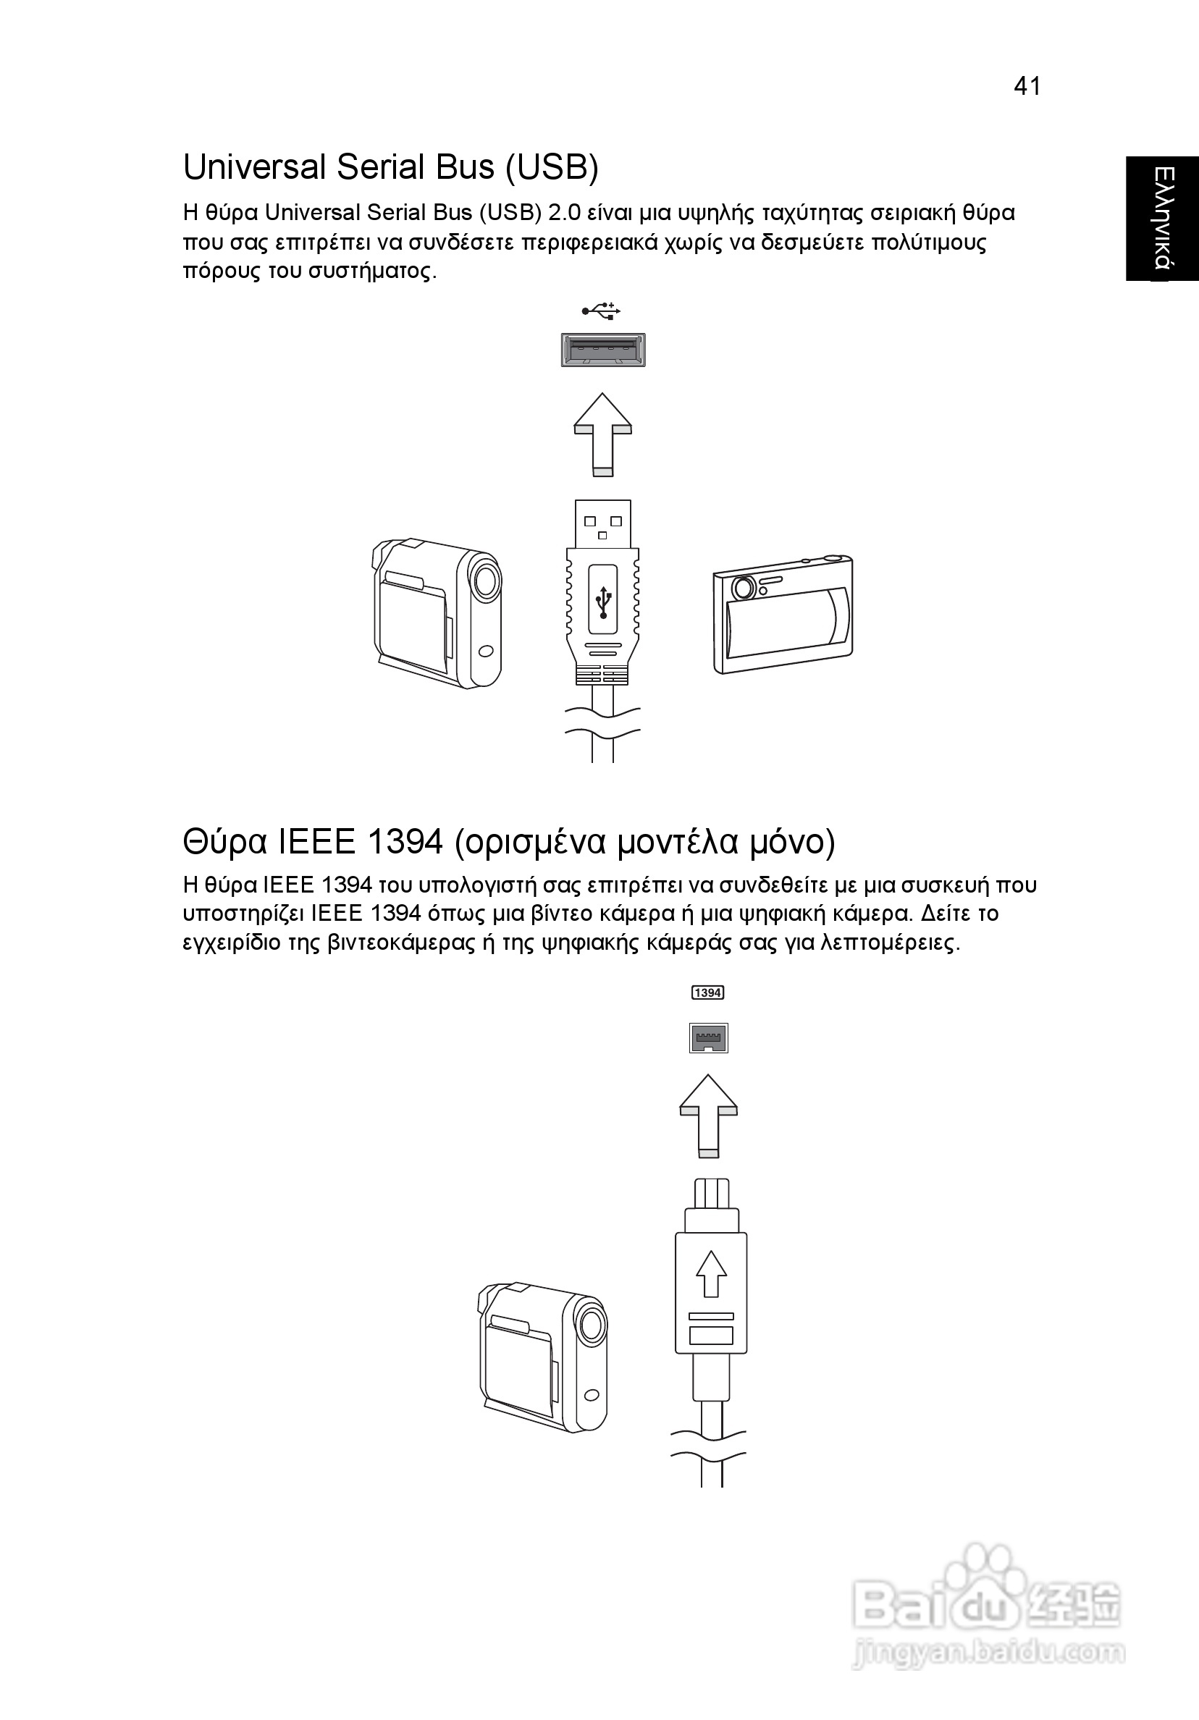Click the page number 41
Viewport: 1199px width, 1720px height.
1027,87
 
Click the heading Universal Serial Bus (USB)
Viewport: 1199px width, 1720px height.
390,167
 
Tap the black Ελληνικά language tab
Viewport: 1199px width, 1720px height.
1161,218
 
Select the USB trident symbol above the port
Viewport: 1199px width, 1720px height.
602,310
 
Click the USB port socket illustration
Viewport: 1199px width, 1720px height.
602,350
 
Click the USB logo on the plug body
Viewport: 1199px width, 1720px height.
603,602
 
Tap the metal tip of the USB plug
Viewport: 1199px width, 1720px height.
603,523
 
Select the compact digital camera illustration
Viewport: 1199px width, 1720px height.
783,615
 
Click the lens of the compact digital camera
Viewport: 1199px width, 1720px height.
744,587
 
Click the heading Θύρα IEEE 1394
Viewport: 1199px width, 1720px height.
509,842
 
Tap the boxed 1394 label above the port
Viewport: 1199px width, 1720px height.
707,992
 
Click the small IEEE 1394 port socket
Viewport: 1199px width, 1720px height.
708,1038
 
